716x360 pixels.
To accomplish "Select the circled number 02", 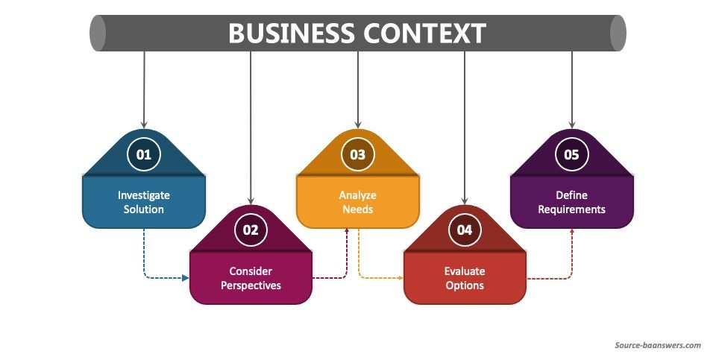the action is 251,230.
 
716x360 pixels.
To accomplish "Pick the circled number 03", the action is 358,154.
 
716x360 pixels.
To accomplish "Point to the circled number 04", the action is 465,230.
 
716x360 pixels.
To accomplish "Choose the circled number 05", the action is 572,154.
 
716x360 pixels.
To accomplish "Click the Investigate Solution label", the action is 143,202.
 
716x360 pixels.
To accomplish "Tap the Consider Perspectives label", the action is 251,277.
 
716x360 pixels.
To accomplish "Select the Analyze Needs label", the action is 358,202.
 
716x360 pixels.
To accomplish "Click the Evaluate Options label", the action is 465,277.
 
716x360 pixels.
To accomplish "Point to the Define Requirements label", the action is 572,202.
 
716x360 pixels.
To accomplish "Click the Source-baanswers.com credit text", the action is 658,345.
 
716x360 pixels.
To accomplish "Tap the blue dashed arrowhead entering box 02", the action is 186,278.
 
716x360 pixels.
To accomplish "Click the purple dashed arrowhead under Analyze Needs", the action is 347,231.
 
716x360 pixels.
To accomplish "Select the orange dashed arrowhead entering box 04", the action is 400,278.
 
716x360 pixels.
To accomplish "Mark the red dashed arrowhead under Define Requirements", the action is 572,231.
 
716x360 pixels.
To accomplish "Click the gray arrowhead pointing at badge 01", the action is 143,124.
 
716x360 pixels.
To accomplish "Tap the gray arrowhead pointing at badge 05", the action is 572,124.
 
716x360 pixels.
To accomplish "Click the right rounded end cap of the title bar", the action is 618,33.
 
